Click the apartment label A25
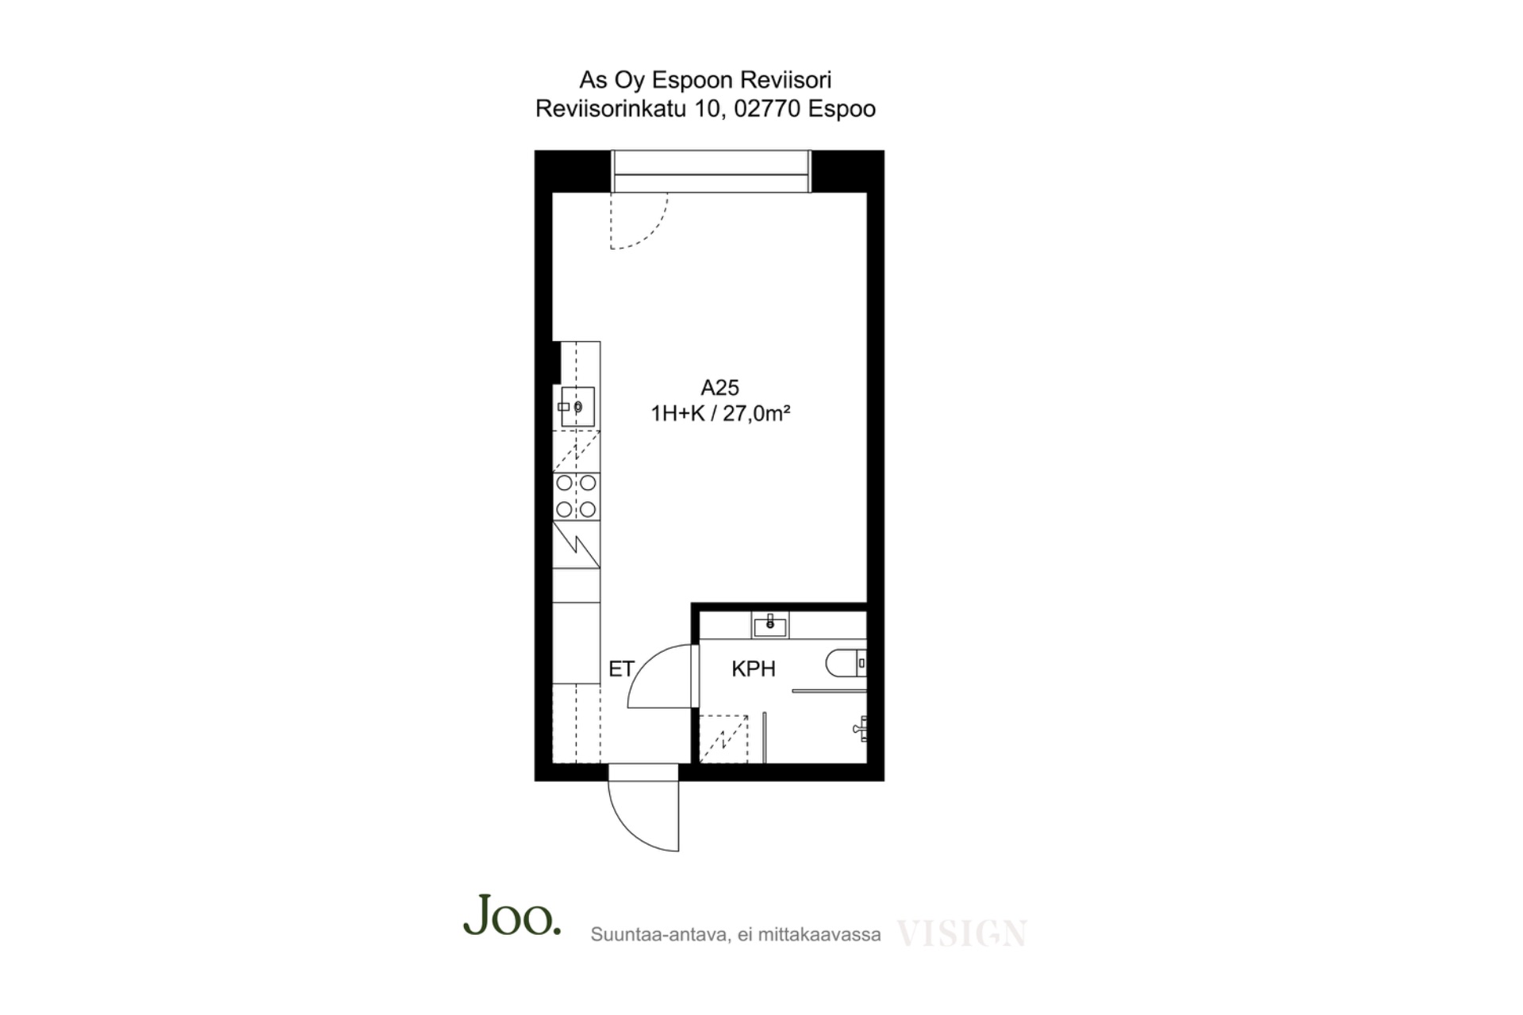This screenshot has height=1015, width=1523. [x=719, y=388]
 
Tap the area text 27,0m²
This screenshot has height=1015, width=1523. [x=756, y=413]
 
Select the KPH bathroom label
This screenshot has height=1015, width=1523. [x=753, y=669]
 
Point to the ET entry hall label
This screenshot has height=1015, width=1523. [x=621, y=669]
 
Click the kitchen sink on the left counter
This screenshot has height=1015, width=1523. [x=577, y=407]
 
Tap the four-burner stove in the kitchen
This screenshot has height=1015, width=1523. [x=576, y=496]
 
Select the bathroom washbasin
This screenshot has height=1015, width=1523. [x=769, y=626]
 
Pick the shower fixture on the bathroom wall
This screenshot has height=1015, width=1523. [x=860, y=728]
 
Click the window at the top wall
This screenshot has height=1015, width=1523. [x=711, y=171]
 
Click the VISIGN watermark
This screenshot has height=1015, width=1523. [x=961, y=933]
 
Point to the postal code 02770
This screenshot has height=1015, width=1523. [x=767, y=109]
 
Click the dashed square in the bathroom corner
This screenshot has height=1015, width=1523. [x=724, y=739]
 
